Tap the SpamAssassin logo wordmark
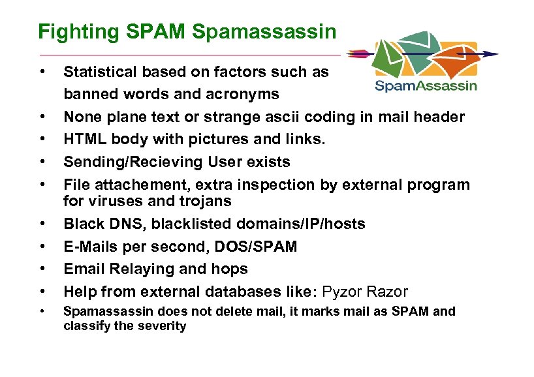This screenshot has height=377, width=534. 426,85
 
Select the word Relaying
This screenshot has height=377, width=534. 135,269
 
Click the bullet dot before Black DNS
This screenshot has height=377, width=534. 42,224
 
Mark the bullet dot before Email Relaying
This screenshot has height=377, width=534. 42,269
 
